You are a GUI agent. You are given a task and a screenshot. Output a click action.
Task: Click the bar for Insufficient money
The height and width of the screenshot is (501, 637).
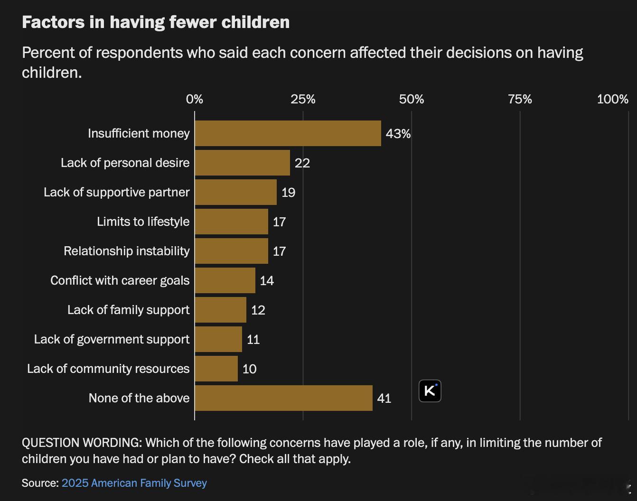coord(288,133)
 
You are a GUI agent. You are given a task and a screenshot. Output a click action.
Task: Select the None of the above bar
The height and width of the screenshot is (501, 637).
coord(283,398)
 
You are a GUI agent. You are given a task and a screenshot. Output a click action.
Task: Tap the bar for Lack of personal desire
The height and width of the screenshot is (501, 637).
coord(242,163)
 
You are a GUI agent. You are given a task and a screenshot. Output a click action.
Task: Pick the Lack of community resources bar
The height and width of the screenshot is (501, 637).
coord(216,369)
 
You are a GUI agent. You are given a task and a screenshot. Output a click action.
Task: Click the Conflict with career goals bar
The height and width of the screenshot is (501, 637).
coord(225,280)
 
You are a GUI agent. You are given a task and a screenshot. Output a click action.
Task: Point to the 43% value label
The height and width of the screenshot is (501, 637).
coord(398,134)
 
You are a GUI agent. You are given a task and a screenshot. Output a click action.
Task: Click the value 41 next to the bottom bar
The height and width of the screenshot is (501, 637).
coord(384,399)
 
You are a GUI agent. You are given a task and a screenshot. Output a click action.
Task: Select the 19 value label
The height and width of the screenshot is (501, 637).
coord(288,193)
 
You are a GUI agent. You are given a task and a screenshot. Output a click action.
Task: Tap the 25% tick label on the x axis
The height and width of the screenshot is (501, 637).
coord(303,99)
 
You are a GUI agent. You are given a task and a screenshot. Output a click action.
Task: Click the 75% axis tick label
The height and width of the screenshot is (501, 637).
coord(520,99)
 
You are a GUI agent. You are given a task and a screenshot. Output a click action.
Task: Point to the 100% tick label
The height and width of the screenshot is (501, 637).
coord(612,99)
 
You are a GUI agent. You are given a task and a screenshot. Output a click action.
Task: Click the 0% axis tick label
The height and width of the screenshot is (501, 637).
coord(195,99)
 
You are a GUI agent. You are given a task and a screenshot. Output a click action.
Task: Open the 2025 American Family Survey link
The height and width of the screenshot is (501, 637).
coord(134,483)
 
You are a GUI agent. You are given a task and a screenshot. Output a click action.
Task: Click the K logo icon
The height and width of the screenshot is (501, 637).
coord(430,391)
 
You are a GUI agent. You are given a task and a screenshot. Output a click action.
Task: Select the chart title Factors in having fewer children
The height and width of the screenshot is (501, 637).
coord(156,22)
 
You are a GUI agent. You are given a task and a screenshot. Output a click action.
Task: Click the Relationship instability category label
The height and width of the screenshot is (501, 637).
coord(127,251)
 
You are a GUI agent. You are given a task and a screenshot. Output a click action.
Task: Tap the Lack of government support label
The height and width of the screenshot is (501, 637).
coord(112,339)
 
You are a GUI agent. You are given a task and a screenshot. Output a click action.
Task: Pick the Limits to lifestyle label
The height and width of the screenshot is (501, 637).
coord(143,222)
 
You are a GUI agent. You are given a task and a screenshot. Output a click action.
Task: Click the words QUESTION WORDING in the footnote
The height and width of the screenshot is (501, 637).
coord(82,443)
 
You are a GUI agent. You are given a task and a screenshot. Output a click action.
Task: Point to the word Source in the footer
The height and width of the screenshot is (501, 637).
coord(39,483)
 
